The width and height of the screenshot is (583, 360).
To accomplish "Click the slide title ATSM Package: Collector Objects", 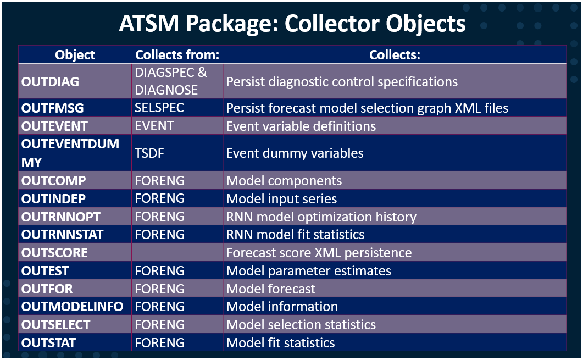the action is tap(292, 24).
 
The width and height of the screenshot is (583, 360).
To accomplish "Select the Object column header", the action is tap(75, 55).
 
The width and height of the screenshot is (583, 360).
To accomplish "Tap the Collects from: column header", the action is tap(177, 55).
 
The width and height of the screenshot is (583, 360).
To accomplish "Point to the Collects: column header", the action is tap(395, 55).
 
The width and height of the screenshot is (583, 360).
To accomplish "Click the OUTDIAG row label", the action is tap(50, 81).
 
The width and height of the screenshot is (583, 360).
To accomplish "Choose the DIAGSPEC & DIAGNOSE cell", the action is tap(171, 81).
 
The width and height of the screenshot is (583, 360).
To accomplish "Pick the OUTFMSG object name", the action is tap(52, 108).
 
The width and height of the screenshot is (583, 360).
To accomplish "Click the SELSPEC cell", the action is tap(159, 108).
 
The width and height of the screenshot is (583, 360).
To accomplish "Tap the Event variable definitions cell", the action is tap(301, 126).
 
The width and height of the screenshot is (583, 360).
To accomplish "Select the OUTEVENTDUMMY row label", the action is tap(70, 153).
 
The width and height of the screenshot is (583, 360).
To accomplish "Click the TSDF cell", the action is tap(149, 153).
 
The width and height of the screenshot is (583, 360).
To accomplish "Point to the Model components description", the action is tap(284, 181).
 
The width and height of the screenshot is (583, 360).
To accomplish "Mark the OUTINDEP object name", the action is tap(53, 198).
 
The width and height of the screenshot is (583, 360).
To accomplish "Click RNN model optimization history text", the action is tap(321, 217).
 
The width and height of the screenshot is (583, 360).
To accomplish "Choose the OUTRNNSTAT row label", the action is tap(63, 235).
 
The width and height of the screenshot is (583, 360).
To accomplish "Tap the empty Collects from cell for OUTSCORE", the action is tap(177, 253).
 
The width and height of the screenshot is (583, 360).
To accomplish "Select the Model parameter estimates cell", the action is tap(309, 271).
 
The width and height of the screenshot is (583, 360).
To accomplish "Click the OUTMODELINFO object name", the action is tap(72, 307).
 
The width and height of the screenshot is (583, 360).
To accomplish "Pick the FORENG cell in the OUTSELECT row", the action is tap(160, 325).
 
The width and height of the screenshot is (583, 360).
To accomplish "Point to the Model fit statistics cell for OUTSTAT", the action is tap(280, 343).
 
